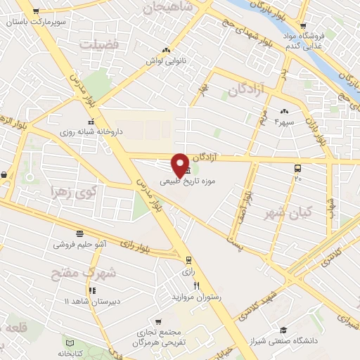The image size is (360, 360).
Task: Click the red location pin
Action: (180, 164)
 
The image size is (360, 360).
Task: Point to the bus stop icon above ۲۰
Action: (298, 169)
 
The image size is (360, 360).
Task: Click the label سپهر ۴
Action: (283, 122)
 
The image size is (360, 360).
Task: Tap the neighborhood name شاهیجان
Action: (168, 8)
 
